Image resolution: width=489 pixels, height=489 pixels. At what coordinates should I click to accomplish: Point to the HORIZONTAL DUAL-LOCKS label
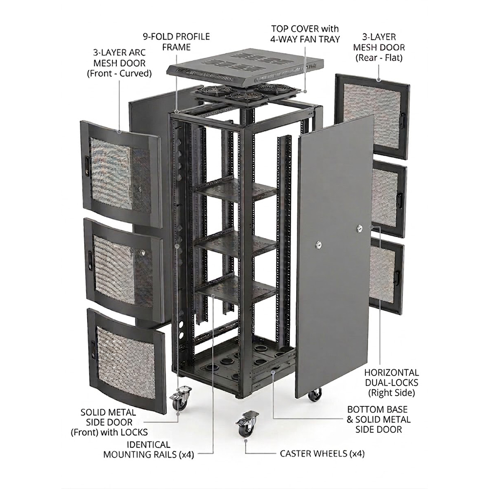(x=391, y=382)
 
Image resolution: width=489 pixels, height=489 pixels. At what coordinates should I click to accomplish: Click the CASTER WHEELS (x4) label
(x=322, y=454)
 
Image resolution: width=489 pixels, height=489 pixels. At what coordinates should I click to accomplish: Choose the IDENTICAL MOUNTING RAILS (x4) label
(x=149, y=449)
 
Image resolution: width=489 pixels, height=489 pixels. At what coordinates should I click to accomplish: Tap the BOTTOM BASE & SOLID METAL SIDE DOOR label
(x=379, y=419)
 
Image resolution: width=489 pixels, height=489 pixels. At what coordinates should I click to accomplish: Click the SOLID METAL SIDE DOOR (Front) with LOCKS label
(x=110, y=422)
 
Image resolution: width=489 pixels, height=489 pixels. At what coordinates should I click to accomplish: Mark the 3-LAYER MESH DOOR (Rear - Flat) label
(x=383, y=47)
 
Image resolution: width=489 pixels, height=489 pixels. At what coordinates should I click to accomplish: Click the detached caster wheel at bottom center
(x=246, y=424)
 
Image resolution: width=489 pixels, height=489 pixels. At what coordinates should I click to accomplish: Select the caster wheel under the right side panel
(x=314, y=394)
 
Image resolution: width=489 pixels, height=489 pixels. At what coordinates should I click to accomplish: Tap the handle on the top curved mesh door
(x=87, y=165)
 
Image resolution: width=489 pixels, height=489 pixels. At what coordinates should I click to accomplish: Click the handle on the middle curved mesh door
(x=90, y=257)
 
